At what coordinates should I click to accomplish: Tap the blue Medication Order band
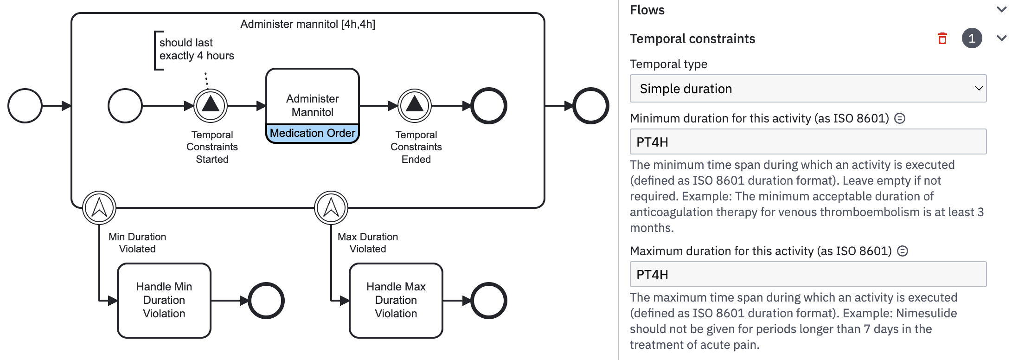(x=312, y=134)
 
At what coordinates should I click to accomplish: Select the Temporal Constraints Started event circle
(x=211, y=106)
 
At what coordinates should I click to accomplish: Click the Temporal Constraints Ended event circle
(x=415, y=106)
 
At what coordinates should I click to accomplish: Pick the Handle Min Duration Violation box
(x=164, y=300)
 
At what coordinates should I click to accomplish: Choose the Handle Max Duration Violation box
(x=396, y=300)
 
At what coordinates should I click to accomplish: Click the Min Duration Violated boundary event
(x=99, y=208)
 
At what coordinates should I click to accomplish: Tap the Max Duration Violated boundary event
(x=331, y=208)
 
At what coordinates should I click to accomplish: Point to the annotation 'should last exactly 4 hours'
(x=196, y=50)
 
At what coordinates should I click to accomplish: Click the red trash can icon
(x=942, y=39)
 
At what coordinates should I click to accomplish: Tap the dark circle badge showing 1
(x=972, y=39)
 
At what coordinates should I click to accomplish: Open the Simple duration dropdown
(x=807, y=89)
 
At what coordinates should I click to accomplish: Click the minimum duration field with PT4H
(x=807, y=142)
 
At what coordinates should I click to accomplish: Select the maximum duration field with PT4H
(x=807, y=275)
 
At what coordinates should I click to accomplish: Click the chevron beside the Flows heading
(x=1001, y=10)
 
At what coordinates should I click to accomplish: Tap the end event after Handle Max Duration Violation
(x=489, y=301)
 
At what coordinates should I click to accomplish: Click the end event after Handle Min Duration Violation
(x=266, y=301)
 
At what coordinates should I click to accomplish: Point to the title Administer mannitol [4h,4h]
(x=307, y=24)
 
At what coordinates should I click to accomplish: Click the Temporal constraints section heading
(x=692, y=39)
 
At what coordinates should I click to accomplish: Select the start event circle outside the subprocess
(x=25, y=106)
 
